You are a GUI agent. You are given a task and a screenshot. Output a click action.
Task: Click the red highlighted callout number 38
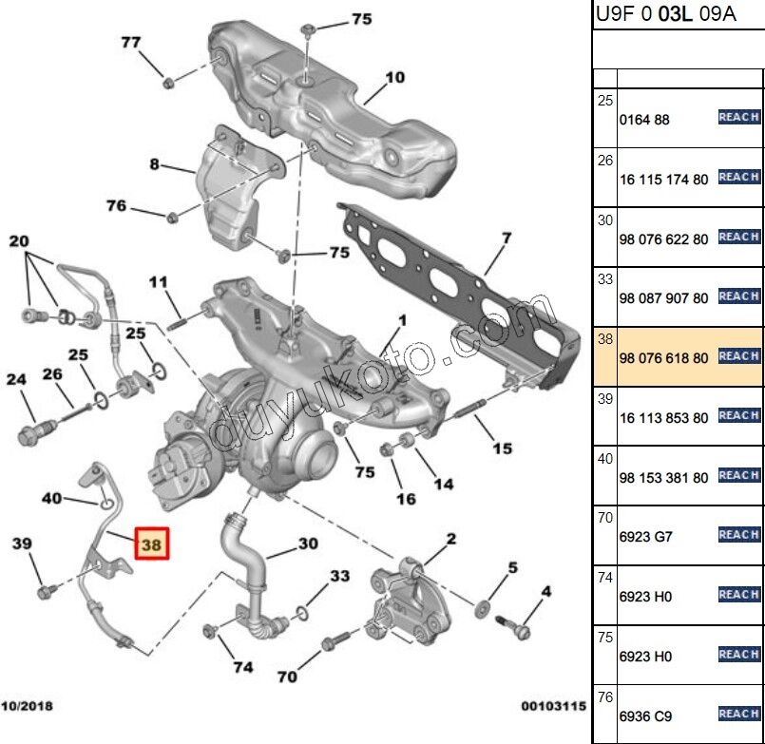pyautogui.click(x=151, y=544)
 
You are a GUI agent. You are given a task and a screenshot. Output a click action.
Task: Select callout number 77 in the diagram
pyautogui.click(x=131, y=42)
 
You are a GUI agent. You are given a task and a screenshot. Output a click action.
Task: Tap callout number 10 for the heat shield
pyautogui.click(x=395, y=77)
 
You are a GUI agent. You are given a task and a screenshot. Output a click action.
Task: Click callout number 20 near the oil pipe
pyautogui.click(x=19, y=241)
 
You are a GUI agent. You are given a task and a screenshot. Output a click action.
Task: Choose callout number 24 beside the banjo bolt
pyautogui.click(x=16, y=380)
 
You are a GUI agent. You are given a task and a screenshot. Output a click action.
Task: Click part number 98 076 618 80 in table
pyautogui.click(x=663, y=357)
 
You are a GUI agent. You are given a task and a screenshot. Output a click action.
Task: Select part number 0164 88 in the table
pyautogui.click(x=644, y=120)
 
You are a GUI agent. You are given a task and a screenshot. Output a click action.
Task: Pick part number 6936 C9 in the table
pyautogui.click(x=645, y=715)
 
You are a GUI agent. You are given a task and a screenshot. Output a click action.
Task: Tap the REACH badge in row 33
pyautogui.click(x=738, y=296)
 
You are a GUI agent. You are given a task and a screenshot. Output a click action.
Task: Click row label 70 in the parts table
pyautogui.click(x=604, y=518)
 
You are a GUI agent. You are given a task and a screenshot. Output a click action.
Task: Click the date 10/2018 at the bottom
pyautogui.click(x=27, y=706)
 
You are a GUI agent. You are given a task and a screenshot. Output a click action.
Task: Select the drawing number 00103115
pyautogui.click(x=551, y=706)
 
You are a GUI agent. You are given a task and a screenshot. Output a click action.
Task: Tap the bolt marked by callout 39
pyautogui.click(x=45, y=593)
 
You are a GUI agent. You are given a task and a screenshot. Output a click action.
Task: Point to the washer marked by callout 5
pyautogui.click(x=482, y=605)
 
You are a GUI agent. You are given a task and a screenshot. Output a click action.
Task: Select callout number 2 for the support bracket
pyautogui.click(x=450, y=539)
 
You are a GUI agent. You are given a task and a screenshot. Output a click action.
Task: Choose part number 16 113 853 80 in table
pyautogui.click(x=663, y=417)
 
